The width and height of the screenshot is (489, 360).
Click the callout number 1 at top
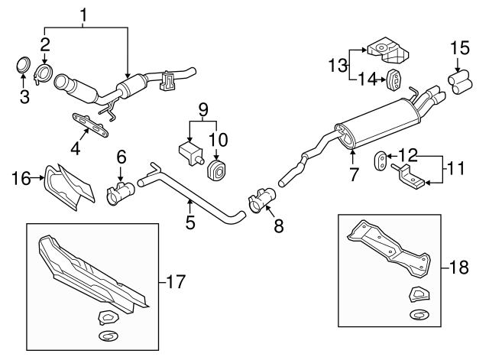(83, 15)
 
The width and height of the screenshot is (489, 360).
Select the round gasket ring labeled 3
(24, 65)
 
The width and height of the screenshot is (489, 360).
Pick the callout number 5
(190, 223)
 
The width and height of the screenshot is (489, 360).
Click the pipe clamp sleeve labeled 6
(120, 193)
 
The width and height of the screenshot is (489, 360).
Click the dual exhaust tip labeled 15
(461, 81)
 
